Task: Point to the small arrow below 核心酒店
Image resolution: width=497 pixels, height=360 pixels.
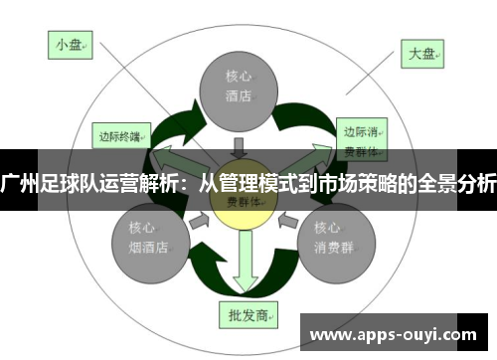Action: tap(239, 147)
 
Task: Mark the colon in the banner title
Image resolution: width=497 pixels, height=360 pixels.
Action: tap(186, 183)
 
